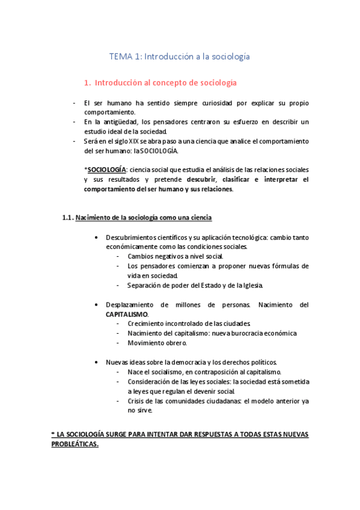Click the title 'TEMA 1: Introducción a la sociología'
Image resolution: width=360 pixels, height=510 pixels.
179,57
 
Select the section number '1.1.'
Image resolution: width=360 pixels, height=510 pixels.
68,218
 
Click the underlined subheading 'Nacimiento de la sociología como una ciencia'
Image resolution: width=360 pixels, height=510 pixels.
143,218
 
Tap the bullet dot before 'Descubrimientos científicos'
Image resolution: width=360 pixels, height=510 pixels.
97,238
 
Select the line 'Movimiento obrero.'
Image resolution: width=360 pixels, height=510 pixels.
157,343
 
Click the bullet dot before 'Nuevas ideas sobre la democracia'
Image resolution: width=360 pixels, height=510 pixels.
97,363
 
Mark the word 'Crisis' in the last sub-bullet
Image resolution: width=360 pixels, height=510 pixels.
136,401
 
